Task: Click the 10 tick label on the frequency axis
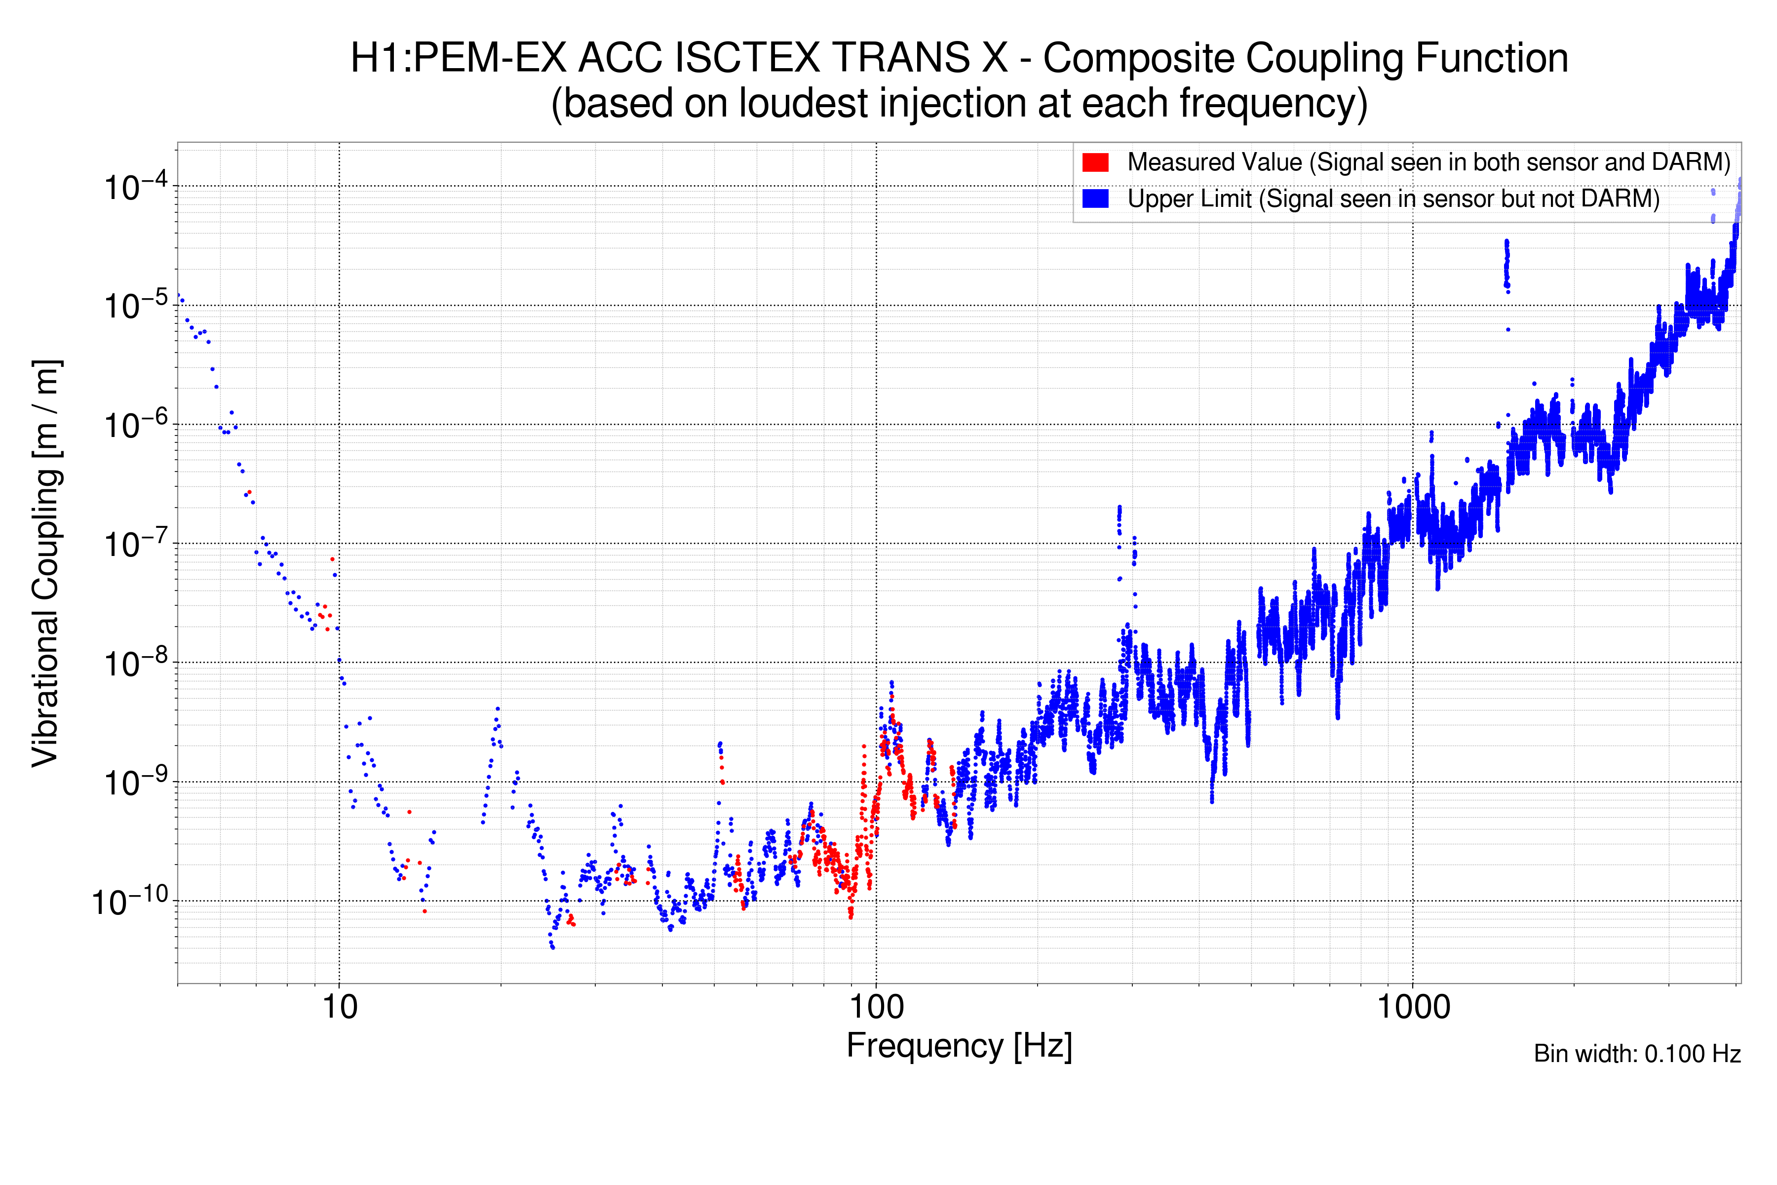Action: pyautogui.click(x=339, y=1007)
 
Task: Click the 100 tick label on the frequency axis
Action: pyautogui.click(x=877, y=1007)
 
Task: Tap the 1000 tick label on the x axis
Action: pyautogui.click(x=1413, y=1007)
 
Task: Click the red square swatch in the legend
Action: pyautogui.click(x=1095, y=162)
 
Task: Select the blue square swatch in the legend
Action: pyautogui.click(x=1095, y=199)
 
